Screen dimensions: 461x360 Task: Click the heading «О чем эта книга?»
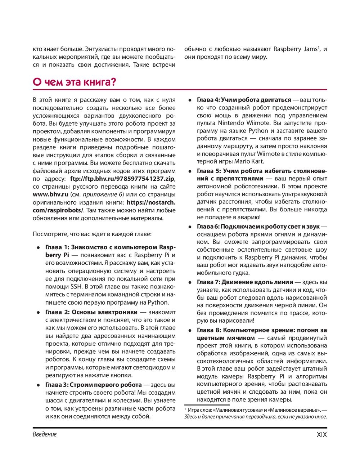(x=75, y=82)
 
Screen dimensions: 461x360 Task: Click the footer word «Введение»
(x=45, y=434)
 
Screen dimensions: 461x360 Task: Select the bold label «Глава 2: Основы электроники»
(x=91, y=312)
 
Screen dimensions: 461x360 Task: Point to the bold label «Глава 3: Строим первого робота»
(x=94, y=385)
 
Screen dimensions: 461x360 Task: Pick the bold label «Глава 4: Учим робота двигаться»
(x=244, y=100)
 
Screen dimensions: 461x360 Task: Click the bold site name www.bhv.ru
(x=50, y=194)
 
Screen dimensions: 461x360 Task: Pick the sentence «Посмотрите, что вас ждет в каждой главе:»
(x=92, y=234)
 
